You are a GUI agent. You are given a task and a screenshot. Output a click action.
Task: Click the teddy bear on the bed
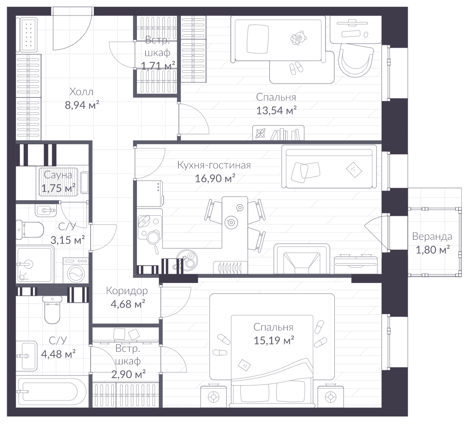click(297, 38)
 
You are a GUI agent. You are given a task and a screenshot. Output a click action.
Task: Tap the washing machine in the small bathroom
click(76, 270)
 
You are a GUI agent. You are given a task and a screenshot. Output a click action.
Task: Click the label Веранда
click(432, 236)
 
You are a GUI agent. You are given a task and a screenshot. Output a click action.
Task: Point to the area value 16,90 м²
click(215, 178)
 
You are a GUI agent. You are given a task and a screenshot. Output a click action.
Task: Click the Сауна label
click(58, 174)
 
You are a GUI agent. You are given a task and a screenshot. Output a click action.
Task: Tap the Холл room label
click(81, 92)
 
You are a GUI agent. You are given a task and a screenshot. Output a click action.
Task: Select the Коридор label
click(127, 291)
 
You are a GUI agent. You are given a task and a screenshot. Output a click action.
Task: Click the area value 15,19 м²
click(273, 340)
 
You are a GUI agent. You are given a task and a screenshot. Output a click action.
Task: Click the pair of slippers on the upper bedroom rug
click(296, 68)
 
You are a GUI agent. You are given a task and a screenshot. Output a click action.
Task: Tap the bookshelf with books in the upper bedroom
click(278, 133)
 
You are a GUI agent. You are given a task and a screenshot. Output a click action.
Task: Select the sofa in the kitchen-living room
click(329, 166)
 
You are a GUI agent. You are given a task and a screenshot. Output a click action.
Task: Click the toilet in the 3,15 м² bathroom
click(29, 230)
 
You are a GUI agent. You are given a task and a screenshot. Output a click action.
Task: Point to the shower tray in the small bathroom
click(35, 264)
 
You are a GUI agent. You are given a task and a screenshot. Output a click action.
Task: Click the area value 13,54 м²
click(276, 110)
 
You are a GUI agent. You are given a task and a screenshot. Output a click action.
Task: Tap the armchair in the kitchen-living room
click(302, 259)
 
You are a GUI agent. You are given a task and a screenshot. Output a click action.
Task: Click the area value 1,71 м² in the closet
click(158, 65)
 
